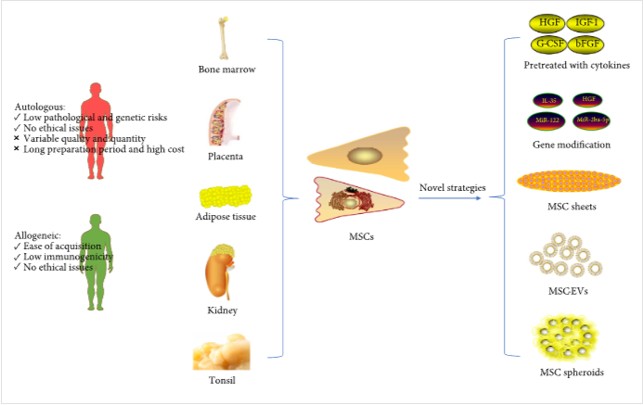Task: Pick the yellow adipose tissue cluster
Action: point(225,196)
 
